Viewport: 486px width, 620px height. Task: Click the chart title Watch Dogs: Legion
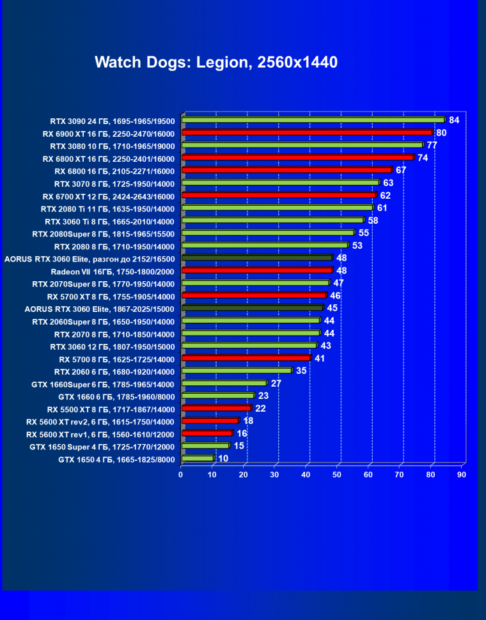click(216, 63)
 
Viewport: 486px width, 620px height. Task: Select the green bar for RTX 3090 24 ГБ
click(313, 120)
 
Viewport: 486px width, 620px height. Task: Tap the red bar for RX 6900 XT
click(307, 132)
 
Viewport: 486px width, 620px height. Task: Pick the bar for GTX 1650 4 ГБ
click(197, 458)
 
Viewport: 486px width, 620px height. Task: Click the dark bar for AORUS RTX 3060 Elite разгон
click(257, 258)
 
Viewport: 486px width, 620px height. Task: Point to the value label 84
click(454, 120)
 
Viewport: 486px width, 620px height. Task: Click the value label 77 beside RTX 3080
click(432, 145)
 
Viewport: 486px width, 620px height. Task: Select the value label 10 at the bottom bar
click(223, 458)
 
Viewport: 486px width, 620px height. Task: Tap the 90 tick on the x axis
click(462, 475)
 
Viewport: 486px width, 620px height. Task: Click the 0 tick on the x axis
click(181, 475)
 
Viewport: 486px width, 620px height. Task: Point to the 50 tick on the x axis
click(337, 475)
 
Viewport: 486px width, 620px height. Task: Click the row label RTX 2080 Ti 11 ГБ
click(107, 208)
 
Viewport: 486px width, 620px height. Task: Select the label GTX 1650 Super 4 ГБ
click(102, 446)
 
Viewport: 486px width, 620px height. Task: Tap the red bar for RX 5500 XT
click(216, 408)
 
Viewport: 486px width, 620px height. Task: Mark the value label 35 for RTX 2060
click(301, 371)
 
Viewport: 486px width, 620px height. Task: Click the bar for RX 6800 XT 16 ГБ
click(297, 157)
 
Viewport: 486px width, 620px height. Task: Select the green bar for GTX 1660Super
click(224, 383)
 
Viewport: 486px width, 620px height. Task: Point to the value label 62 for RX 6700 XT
click(385, 196)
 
